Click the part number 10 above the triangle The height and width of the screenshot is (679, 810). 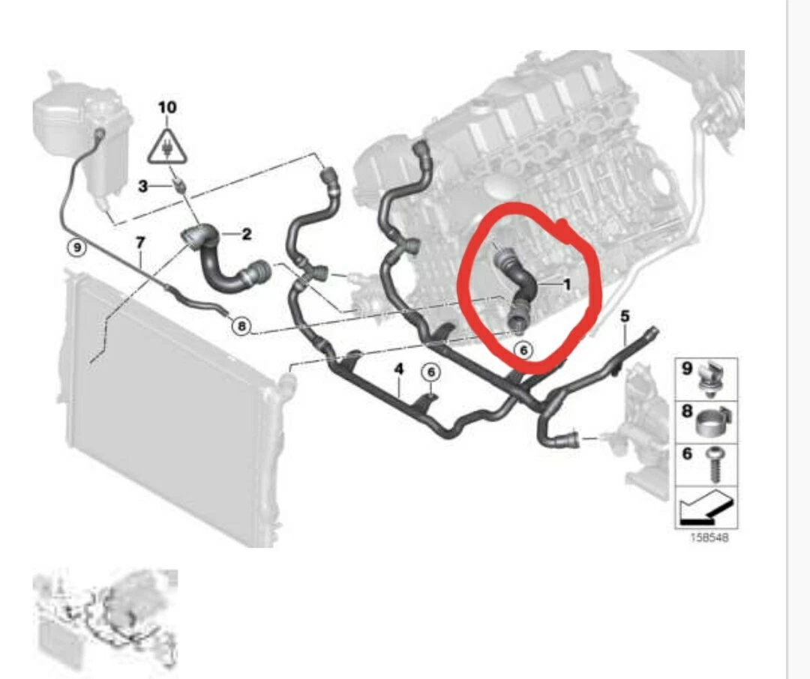click(x=167, y=107)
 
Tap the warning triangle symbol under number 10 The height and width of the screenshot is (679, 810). click(x=167, y=146)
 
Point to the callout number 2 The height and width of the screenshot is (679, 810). click(x=246, y=235)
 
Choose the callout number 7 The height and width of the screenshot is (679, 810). click(x=139, y=242)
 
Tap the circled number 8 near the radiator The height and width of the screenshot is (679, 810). click(x=240, y=325)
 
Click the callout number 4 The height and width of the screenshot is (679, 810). click(x=399, y=368)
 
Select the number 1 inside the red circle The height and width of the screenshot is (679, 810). click(x=567, y=284)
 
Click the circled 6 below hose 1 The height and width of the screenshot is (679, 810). click(x=523, y=348)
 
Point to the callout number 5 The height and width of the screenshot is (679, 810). click(x=625, y=316)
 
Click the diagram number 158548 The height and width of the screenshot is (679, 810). click(x=709, y=537)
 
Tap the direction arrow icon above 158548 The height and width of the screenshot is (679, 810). click(x=706, y=508)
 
